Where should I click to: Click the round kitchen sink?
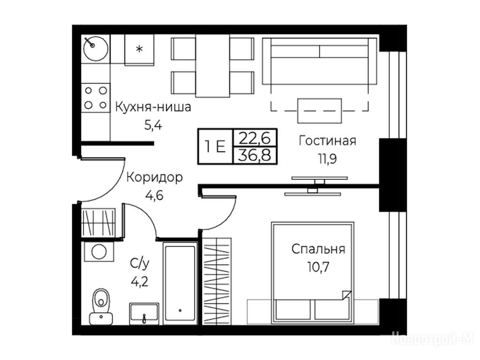tap(96, 49)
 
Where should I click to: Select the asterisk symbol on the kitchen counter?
tap(139, 49)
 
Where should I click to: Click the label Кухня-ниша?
tap(153, 107)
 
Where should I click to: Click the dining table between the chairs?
tap(212, 66)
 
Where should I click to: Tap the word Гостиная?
tap(328, 141)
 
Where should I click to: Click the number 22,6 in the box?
tap(255, 138)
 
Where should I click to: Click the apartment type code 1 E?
tap(216, 147)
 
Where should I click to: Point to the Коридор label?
tap(155, 178)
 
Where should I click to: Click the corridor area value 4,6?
tap(155, 195)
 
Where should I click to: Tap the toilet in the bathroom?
tap(101, 307)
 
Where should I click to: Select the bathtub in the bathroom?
tap(180, 284)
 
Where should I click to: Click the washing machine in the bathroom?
tap(99, 252)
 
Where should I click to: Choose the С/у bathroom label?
tap(140, 263)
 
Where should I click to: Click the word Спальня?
tap(318, 249)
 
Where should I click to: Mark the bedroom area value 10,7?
tap(318, 267)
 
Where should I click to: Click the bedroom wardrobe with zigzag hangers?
tap(217, 280)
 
